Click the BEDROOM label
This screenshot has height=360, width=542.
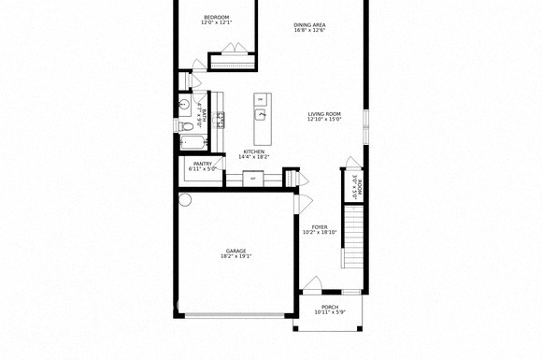217,17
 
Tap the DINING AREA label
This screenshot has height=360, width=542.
309,24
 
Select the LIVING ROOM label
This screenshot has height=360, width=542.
324,114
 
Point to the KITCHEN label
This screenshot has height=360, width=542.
253,151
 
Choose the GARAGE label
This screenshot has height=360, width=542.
235,251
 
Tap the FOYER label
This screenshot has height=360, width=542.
320,226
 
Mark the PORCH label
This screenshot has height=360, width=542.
330,307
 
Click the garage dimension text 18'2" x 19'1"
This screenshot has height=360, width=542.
235,256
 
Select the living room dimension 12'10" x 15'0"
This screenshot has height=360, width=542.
324,120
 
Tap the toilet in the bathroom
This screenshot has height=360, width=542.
187,124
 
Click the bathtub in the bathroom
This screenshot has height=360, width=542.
194,143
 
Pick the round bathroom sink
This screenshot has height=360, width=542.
184,104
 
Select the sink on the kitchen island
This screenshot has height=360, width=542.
263,115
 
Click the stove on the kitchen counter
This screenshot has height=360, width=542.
221,118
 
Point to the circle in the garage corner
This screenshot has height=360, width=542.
185,199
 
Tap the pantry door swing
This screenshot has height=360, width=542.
217,168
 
